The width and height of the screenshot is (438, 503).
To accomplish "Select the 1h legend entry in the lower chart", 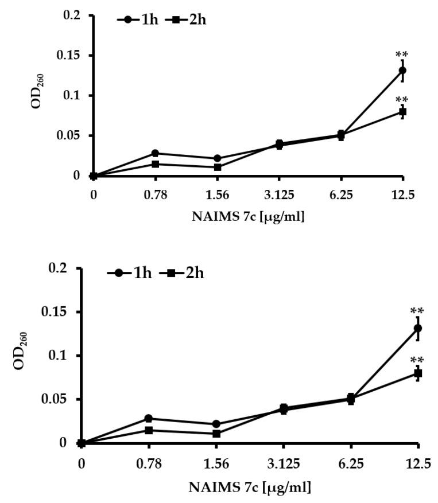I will pyautogui.click(x=129, y=273).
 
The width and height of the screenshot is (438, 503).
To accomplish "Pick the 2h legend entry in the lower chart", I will pyautogui.click(x=183, y=273).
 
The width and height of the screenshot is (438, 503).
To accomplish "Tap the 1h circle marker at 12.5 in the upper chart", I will pyautogui.click(x=402, y=71).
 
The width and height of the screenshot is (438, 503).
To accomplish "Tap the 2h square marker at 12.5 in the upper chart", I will pyautogui.click(x=402, y=111).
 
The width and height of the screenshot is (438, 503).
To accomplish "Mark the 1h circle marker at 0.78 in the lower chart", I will pyautogui.click(x=149, y=418).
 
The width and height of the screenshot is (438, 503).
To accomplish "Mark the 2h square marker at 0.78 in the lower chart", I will pyautogui.click(x=149, y=430).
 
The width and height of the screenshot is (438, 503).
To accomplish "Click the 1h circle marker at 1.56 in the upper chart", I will pyautogui.click(x=218, y=158).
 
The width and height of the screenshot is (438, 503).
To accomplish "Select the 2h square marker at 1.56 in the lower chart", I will pyautogui.click(x=216, y=434).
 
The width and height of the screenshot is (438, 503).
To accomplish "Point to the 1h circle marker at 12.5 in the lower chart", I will pyautogui.click(x=418, y=328).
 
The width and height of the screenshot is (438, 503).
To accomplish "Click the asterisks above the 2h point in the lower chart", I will pyautogui.click(x=417, y=360).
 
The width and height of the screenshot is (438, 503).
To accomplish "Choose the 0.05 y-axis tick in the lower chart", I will pyautogui.click(x=60, y=399).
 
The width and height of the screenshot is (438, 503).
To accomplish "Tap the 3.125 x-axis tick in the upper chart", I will pyautogui.click(x=280, y=194).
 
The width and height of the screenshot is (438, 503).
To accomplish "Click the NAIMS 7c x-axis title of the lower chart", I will pyautogui.click(x=250, y=488).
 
